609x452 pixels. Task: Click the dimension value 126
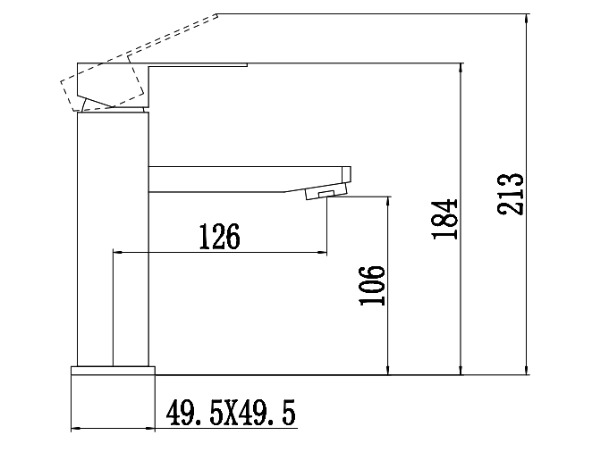pos(219,237)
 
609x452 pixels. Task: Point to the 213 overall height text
pos(512,192)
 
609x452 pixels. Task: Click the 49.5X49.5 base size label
pos(232,414)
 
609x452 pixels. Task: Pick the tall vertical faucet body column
pos(113,237)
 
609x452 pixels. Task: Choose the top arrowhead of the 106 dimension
pos(388,202)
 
